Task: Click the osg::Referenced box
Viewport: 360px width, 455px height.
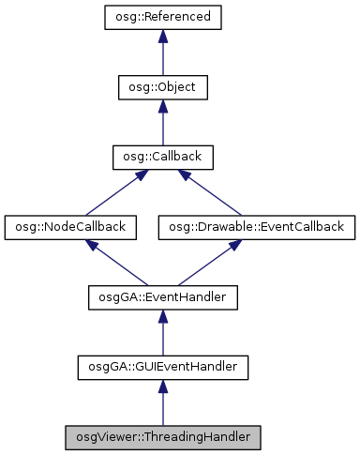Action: tap(162, 17)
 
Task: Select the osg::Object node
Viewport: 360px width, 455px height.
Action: tap(162, 87)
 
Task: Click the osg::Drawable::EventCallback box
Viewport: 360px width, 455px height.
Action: tap(256, 227)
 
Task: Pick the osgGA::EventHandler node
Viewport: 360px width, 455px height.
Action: tap(162, 297)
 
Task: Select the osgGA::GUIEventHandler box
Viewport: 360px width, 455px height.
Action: tap(162, 367)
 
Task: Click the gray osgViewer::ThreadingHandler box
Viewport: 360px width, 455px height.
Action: tap(162, 437)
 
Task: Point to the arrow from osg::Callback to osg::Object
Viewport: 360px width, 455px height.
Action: tap(162, 124)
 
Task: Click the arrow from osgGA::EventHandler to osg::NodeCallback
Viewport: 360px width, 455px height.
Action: tap(116, 263)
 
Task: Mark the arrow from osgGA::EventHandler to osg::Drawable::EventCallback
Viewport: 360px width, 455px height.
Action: tap(208, 263)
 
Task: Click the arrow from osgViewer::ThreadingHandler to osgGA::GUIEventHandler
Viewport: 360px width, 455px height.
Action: tap(162, 404)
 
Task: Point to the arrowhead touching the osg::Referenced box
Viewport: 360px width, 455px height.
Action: tap(162, 36)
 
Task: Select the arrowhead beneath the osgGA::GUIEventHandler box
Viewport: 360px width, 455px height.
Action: tap(162, 387)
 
